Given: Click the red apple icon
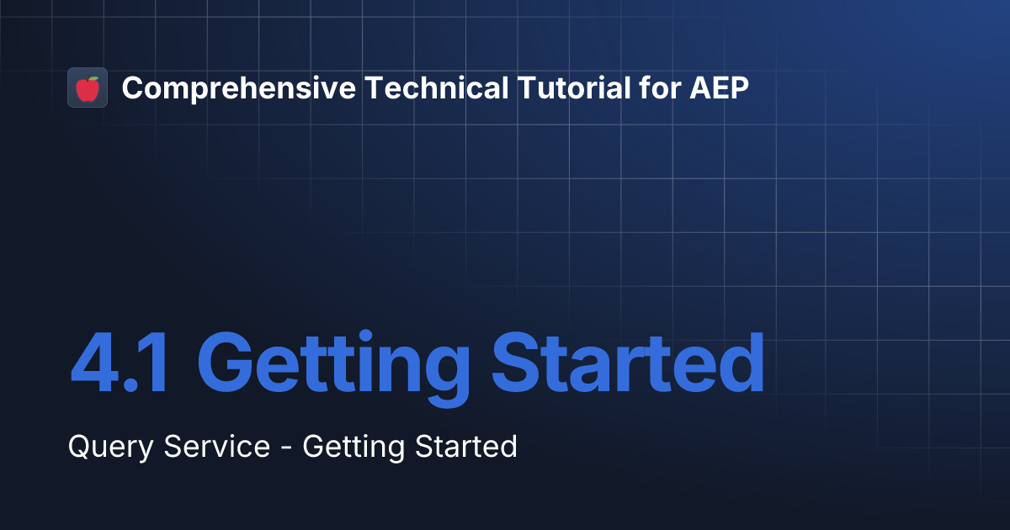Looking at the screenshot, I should [x=88, y=88].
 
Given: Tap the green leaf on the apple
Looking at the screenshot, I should [x=93, y=78].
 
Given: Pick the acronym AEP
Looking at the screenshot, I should [x=718, y=87].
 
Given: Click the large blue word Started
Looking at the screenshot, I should [x=628, y=366].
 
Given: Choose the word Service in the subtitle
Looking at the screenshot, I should [x=217, y=446].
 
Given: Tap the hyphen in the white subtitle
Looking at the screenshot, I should [x=286, y=448].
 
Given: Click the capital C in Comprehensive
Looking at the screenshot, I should [x=132, y=87].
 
